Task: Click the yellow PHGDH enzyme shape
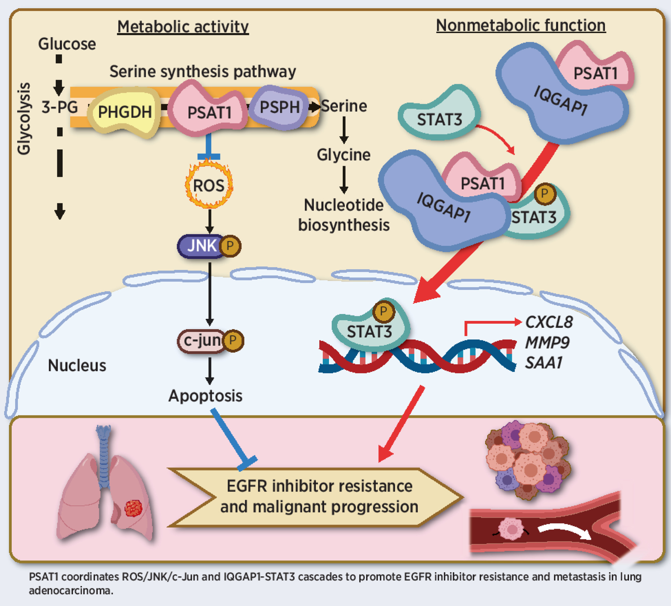pyautogui.click(x=125, y=112)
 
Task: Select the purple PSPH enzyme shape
pyautogui.click(x=279, y=107)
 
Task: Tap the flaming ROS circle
pyautogui.click(x=209, y=185)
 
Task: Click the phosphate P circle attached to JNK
pyautogui.click(x=230, y=246)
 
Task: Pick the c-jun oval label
pyautogui.click(x=202, y=341)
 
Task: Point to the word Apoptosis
pyautogui.click(x=205, y=396)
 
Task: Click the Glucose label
pyautogui.click(x=67, y=44)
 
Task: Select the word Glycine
pyautogui.click(x=343, y=155)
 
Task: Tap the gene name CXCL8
pyautogui.click(x=549, y=322)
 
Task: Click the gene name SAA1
pyautogui.click(x=544, y=363)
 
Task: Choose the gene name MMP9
pyautogui.click(x=547, y=343)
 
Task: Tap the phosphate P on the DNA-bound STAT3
pyautogui.click(x=383, y=312)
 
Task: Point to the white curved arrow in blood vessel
pyautogui.click(x=565, y=531)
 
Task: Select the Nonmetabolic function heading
pyautogui.click(x=521, y=26)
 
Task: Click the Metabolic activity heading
pyautogui.click(x=183, y=27)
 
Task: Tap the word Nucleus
pyautogui.click(x=77, y=365)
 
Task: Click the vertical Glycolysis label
pyautogui.click(x=24, y=119)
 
